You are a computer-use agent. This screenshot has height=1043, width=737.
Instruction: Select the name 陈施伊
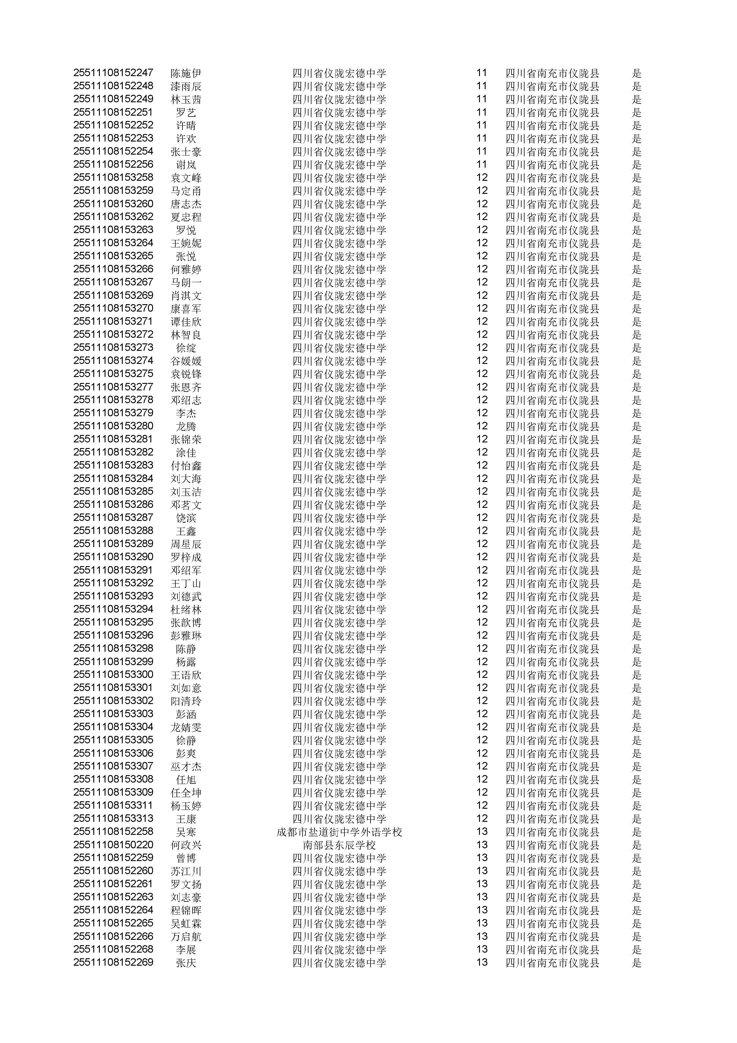[x=186, y=73]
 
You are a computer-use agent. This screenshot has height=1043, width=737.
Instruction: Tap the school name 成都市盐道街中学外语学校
[x=339, y=832]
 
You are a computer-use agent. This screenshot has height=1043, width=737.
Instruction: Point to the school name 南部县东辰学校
[x=339, y=845]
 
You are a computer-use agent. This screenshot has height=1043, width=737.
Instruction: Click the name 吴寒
[x=186, y=832]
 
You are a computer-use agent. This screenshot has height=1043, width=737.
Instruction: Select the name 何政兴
[x=186, y=845]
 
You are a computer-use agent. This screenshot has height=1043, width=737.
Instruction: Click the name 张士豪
[x=186, y=152]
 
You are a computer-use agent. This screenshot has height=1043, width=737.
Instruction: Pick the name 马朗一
[x=186, y=282]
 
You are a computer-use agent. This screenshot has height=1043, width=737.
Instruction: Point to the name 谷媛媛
[x=186, y=361]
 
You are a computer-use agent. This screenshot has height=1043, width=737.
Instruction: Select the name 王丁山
[x=186, y=583]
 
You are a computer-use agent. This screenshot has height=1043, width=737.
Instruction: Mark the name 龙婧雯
[x=186, y=727]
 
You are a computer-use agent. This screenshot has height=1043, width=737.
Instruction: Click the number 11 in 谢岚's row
[x=482, y=164]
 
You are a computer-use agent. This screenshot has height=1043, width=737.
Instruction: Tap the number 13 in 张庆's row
[x=482, y=963]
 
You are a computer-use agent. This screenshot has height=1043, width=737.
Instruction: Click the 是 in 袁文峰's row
[x=637, y=178]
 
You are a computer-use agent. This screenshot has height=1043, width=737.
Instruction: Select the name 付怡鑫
[x=186, y=466]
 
